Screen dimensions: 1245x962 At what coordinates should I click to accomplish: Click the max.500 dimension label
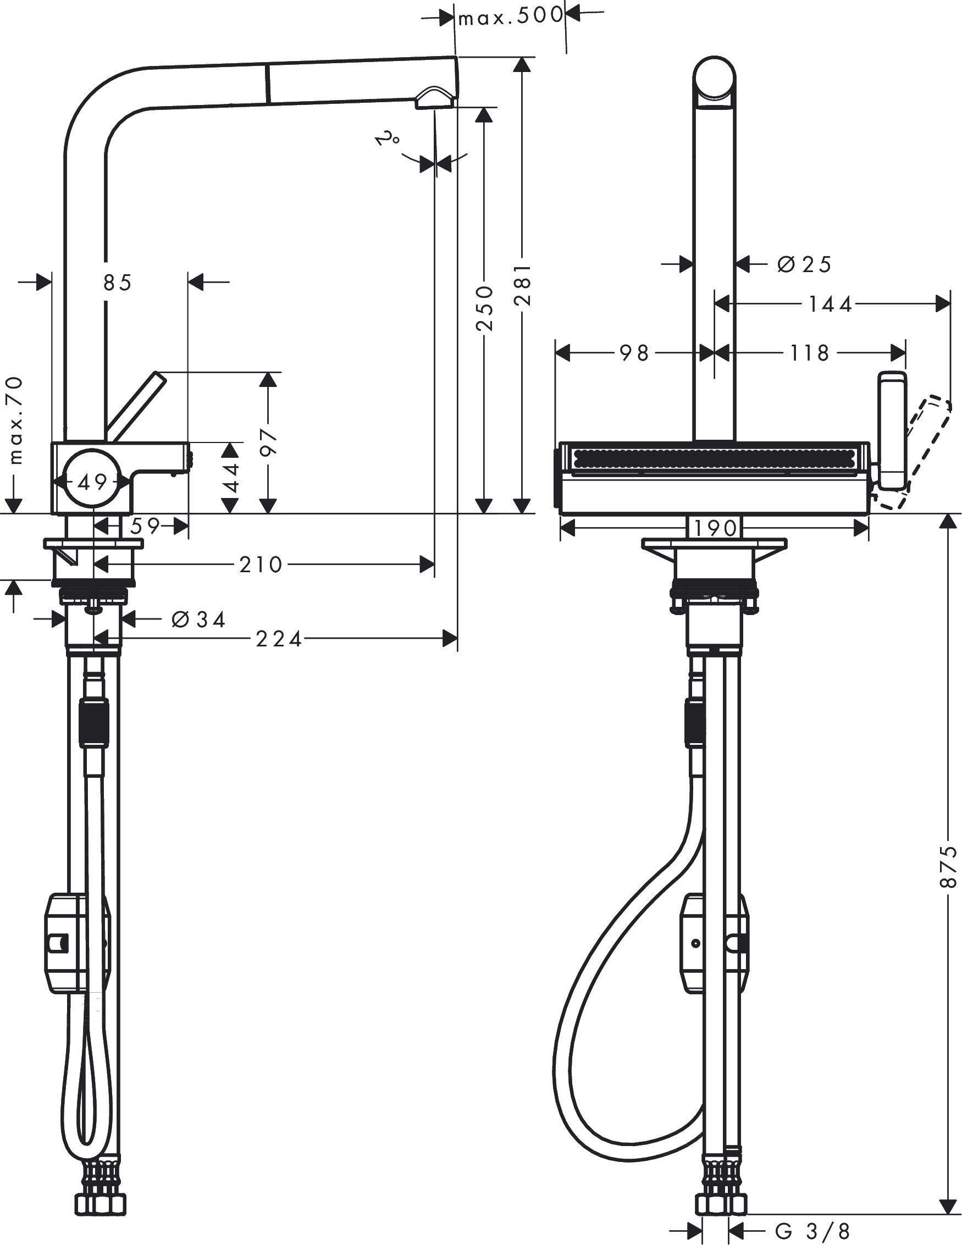[511, 18]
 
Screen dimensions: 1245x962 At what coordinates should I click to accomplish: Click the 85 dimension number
[118, 283]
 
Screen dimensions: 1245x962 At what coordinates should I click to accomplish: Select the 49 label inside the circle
[92, 483]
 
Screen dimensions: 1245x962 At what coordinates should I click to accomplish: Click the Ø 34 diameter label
[198, 619]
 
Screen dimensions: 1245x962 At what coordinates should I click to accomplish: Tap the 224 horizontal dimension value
[278, 640]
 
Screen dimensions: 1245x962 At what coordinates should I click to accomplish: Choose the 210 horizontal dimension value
[261, 565]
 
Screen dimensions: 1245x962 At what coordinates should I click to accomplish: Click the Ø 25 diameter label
[804, 264]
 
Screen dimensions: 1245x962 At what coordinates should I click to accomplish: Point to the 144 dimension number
[830, 305]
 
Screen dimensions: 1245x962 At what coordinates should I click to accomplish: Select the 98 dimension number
[635, 353]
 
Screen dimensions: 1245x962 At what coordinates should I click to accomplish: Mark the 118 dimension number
[809, 353]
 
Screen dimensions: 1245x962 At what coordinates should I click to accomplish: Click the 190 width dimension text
[716, 528]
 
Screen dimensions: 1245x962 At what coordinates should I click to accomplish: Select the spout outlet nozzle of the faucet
[434, 98]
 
